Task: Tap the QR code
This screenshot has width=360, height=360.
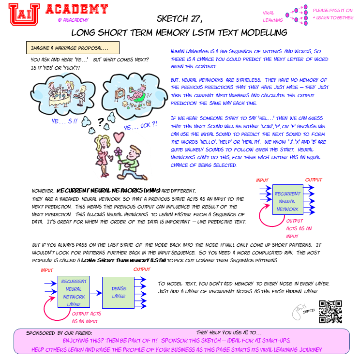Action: pyautogui.click(x=330, y=312)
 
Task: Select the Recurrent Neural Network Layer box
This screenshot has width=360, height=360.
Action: pyautogui.click(x=74, y=292)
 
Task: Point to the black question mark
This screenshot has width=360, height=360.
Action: pyautogui.click(x=100, y=121)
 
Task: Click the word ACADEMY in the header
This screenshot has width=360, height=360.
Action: pyautogui.click(x=76, y=9)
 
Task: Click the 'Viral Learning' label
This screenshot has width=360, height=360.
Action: pyautogui.click(x=272, y=16)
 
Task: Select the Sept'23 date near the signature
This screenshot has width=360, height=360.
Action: pyautogui.click(x=309, y=313)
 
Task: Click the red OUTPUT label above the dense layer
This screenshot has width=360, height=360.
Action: pyautogui.click(x=142, y=270)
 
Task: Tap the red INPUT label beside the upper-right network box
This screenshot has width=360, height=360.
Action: pyautogui.click(x=262, y=180)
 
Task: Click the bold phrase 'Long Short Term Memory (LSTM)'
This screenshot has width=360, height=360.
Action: pyautogui.click(x=123, y=260)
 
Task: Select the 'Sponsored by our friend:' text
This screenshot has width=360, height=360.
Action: pyautogui.click(x=59, y=333)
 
